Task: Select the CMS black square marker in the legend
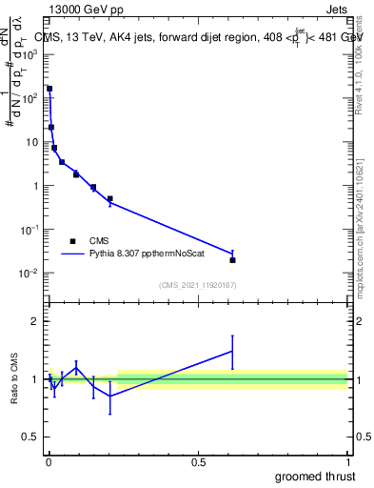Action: pos(72,241)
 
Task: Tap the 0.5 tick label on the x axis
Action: pos(198,461)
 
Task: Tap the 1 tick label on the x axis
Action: pos(346,461)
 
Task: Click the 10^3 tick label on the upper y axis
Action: pos(31,54)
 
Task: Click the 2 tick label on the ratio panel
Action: pos(36,321)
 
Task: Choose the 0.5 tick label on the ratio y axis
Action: pos(31,438)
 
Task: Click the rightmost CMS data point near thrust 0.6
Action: pos(232,259)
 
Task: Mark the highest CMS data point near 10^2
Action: pos(49,89)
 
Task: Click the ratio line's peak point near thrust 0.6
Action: pos(232,351)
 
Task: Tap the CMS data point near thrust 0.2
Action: pos(109,199)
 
